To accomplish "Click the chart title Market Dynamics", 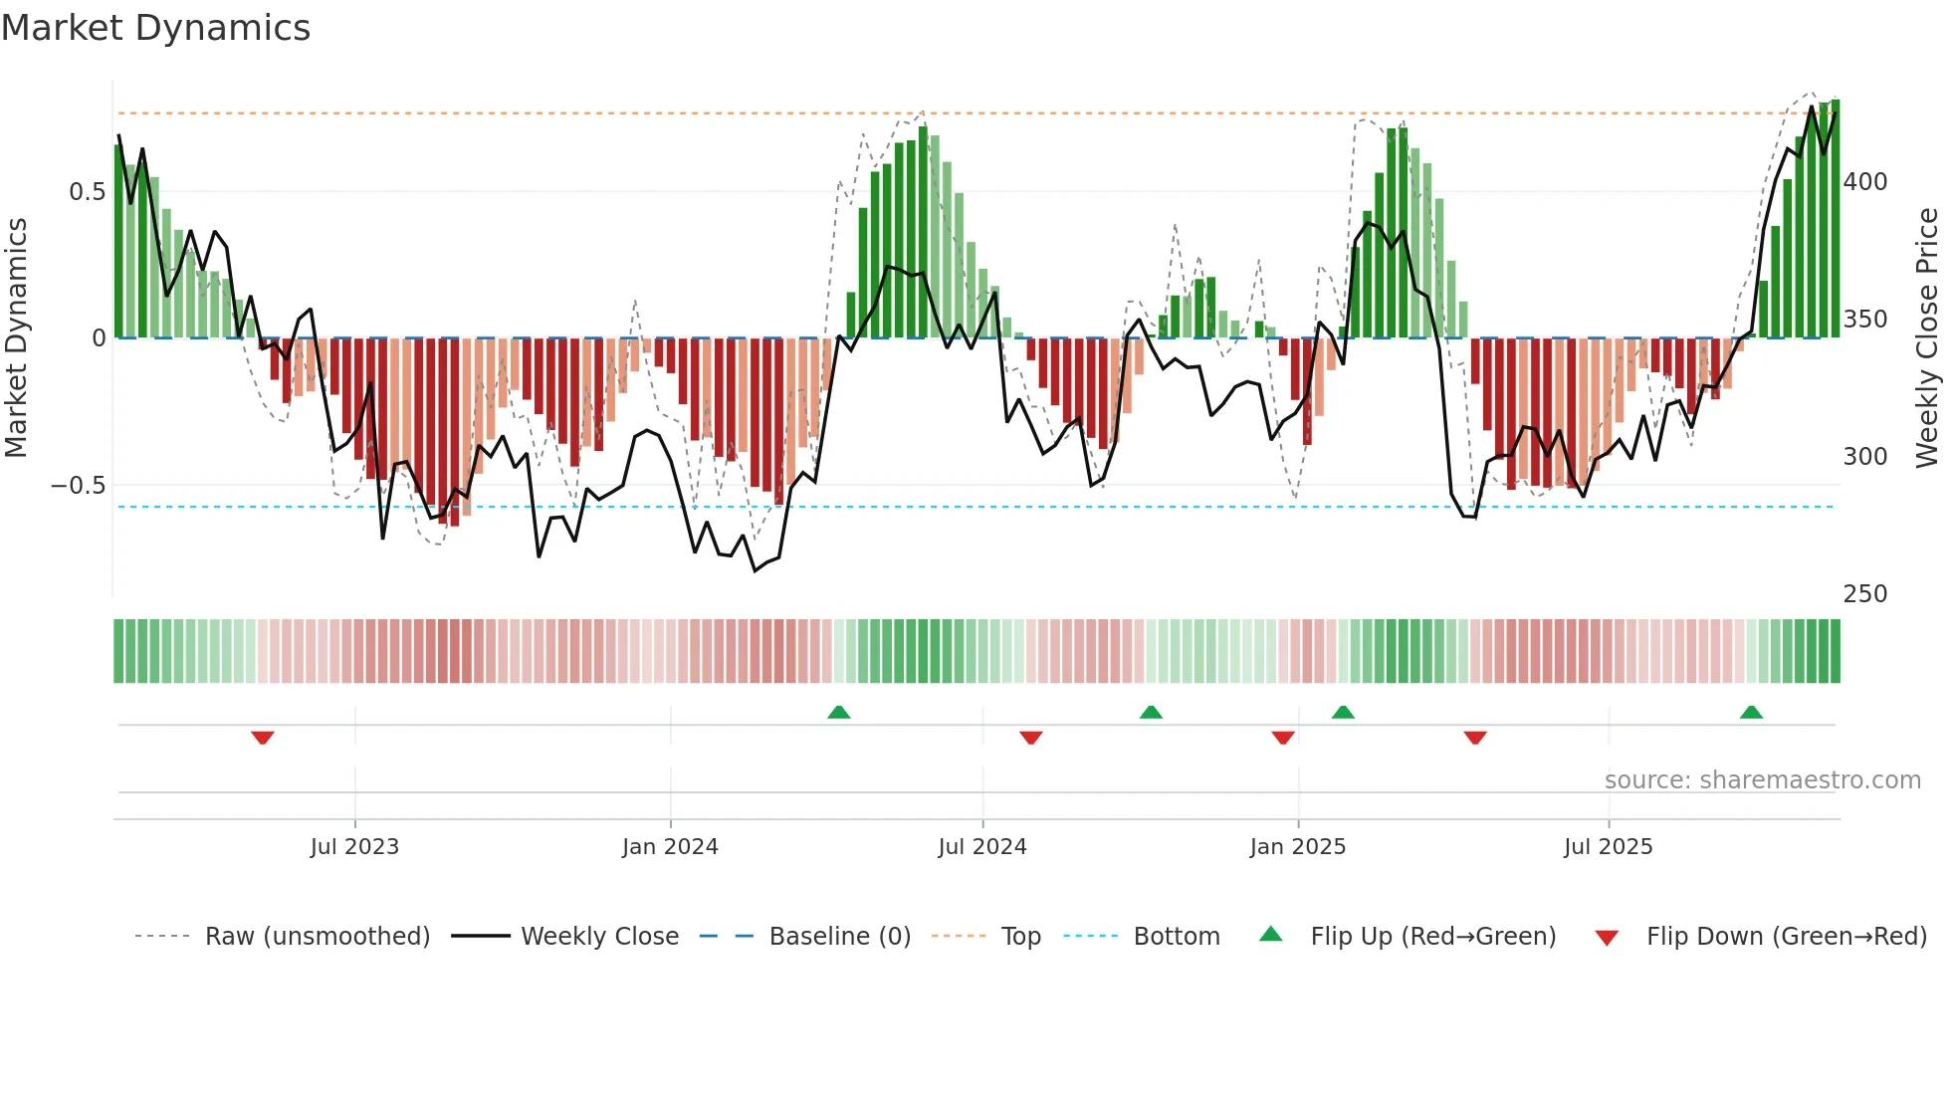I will pos(156,28).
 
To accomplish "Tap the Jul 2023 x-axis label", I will pos(354,847).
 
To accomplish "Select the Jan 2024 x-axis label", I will pos(670,847).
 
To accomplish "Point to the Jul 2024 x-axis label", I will pos(981,847).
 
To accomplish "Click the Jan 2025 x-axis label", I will pos(1297,847).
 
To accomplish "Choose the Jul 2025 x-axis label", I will pos(1608,847).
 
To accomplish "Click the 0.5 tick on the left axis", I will pos(87,192).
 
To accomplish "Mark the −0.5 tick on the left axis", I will pos(78,486).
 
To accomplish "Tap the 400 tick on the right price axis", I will pos(1864,182).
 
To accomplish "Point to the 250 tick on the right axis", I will pos(1864,594).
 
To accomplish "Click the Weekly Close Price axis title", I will pos(1927,338).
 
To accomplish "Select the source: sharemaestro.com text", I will pos(1762,780).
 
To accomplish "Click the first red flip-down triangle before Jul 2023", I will pos(263,738).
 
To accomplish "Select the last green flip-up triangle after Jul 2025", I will pos(1751,712).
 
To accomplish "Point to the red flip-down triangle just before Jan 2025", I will pos(1283,738).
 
